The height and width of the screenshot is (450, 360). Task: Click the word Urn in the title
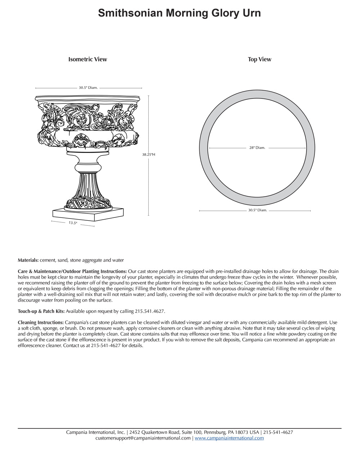(x=251, y=13)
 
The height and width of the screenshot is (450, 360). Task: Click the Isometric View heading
(x=87, y=59)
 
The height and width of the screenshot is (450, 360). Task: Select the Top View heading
(x=259, y=59)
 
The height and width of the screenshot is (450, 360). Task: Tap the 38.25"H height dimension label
(x=148, y=154)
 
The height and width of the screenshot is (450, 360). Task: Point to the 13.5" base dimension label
(x=73, y=223)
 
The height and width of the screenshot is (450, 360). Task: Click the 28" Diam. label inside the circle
(x=257, y=148)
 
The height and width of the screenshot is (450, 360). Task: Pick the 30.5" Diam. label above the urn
(x=88, y=87)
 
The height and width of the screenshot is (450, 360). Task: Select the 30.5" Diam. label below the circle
(x=257, y=210)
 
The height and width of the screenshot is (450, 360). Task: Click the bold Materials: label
(x=28, y=260)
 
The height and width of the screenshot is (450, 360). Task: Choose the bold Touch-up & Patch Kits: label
(x=41, y=311)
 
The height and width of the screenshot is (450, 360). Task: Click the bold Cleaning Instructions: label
(x=41, y=323)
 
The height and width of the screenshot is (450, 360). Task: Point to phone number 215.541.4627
(x=150, y=311)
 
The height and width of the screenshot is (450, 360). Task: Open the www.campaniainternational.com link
(x=229, y=438)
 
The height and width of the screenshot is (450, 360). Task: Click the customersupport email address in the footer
(x=143, y=438)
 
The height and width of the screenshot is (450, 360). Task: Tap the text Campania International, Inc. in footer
(x=95, y=432)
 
